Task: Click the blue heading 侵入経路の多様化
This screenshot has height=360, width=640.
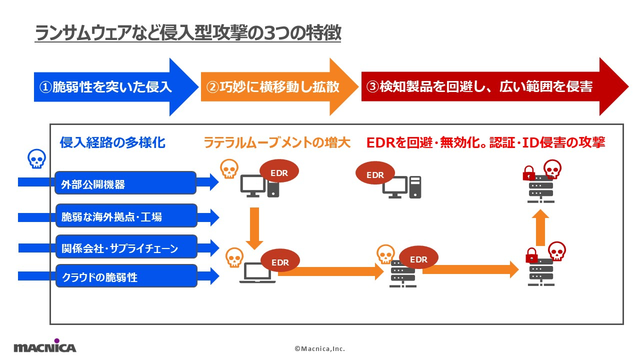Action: tap(112, 143)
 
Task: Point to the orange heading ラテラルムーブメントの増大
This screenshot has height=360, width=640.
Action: tap(277, 143)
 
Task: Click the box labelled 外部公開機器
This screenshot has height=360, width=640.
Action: tap(125, 183)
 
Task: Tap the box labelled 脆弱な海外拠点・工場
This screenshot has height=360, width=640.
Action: tap(125, 216)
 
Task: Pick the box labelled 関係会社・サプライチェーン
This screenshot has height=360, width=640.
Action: tap(125, 247)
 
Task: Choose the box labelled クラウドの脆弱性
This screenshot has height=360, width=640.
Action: tap(125, 276)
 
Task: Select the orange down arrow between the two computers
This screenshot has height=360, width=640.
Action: tap(254, 227)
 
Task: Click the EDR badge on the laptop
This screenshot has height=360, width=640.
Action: tap(280, 262)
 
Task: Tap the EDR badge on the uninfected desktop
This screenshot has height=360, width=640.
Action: tap(375, 174)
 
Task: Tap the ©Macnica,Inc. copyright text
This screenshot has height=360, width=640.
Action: tap(319, 348)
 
